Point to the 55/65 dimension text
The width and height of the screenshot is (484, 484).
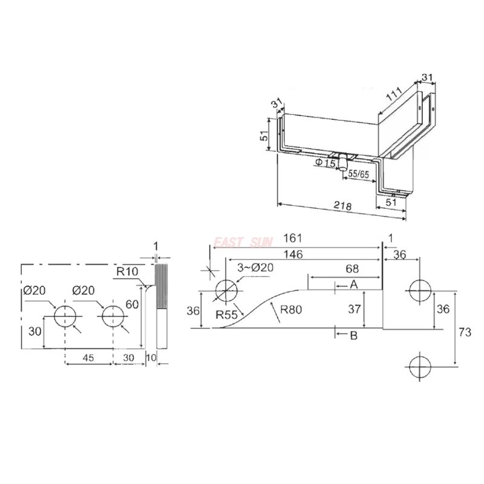point(358,174)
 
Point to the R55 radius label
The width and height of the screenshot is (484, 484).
point(227,314)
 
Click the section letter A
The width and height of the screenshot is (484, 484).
point(354,284)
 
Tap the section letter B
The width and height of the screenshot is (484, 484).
point(354,335)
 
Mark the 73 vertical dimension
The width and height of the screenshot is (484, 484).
point(465,332)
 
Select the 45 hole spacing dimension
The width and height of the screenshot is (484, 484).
point(88,358)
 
